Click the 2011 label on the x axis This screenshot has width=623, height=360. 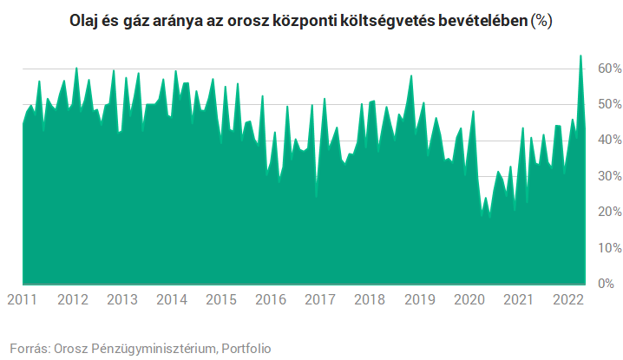[23, 299]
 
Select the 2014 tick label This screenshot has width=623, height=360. [172, 299]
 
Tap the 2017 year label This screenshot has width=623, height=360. [320, 299]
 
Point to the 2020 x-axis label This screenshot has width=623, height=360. [469, 299]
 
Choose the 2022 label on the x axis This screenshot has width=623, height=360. [567, 299]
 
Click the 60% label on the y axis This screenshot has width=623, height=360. [607, 69]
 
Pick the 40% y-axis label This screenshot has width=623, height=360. [607, 141]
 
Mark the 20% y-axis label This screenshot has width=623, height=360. [607, 213]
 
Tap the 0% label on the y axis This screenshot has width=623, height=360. [610, 284]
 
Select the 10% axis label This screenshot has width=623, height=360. [607, 248]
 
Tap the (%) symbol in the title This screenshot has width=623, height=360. [541, 22]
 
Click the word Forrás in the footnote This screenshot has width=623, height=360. [29, 348]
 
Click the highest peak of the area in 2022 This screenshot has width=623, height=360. [580, 56]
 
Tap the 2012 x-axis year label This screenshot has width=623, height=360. [72, 299]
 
